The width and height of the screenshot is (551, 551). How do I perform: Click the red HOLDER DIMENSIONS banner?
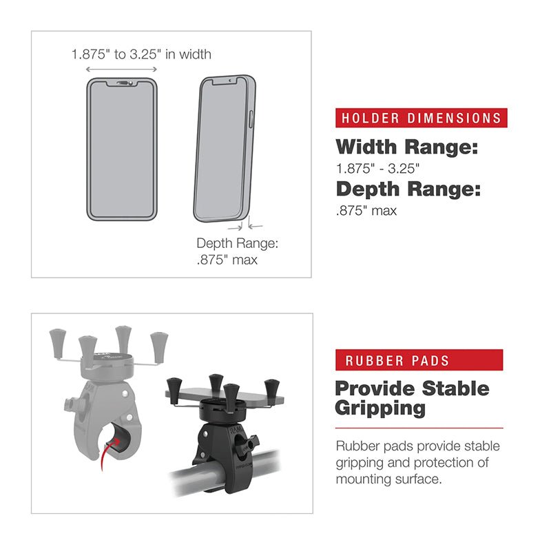pyautogui.click(x=421, y=118)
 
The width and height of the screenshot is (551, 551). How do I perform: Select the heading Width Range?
pyautogui.click(x=406, y=147)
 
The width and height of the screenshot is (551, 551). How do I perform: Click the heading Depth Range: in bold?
pyautogui.click(x=408, y=189)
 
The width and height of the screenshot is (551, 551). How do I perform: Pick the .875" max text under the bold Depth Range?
pyautogui.click(x=366, y=210)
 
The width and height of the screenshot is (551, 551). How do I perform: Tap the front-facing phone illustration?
pyautogui.click(x=122, y=148)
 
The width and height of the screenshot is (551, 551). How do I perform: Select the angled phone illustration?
pyautogui.click(x=223, y=148)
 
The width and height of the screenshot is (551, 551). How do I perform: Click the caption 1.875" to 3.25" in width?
pyautogui.click(x=141, y=53)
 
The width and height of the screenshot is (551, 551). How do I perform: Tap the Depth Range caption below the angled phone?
pyautogui.click(x=237, y=251)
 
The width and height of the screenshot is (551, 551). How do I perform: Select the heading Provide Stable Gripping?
pyautogui.click(x=411, y=397)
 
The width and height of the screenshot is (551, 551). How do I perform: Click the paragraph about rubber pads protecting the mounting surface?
pyautogui.click(x=417, y=462)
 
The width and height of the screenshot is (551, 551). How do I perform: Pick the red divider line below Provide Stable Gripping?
pyautogui.click(x=419, y=428)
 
